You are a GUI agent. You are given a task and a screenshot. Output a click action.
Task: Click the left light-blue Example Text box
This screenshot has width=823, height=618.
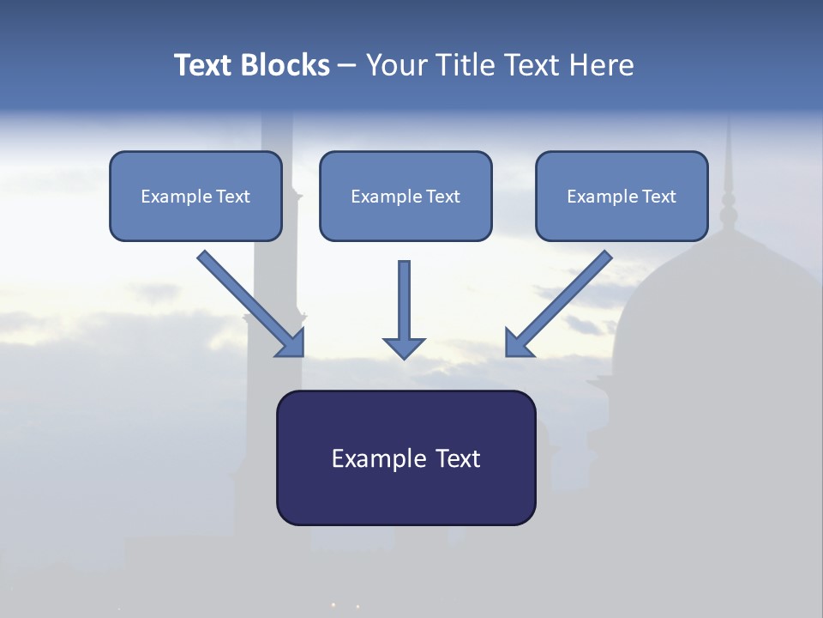click(x=195, y=197)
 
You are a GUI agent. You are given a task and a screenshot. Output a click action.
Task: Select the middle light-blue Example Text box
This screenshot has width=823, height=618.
click(x=405, y=197)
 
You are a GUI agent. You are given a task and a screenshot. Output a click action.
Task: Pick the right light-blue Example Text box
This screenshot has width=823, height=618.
click(x=622, y=197)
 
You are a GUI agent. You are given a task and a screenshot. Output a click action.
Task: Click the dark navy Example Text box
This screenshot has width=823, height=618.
click(x=405, y=458)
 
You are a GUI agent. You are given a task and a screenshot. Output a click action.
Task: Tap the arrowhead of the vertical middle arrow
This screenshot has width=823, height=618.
click(x=404, y=348)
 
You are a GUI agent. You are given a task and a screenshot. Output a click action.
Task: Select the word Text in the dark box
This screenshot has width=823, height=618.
click(x=458, y=459)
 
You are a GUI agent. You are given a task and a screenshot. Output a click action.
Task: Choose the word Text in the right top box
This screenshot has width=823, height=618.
click(x=658, y=197)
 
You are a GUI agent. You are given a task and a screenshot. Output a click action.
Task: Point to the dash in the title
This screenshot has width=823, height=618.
click(x=347, y=65)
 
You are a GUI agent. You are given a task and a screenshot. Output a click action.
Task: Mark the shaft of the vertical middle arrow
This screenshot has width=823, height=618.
click(x=404, y=296)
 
